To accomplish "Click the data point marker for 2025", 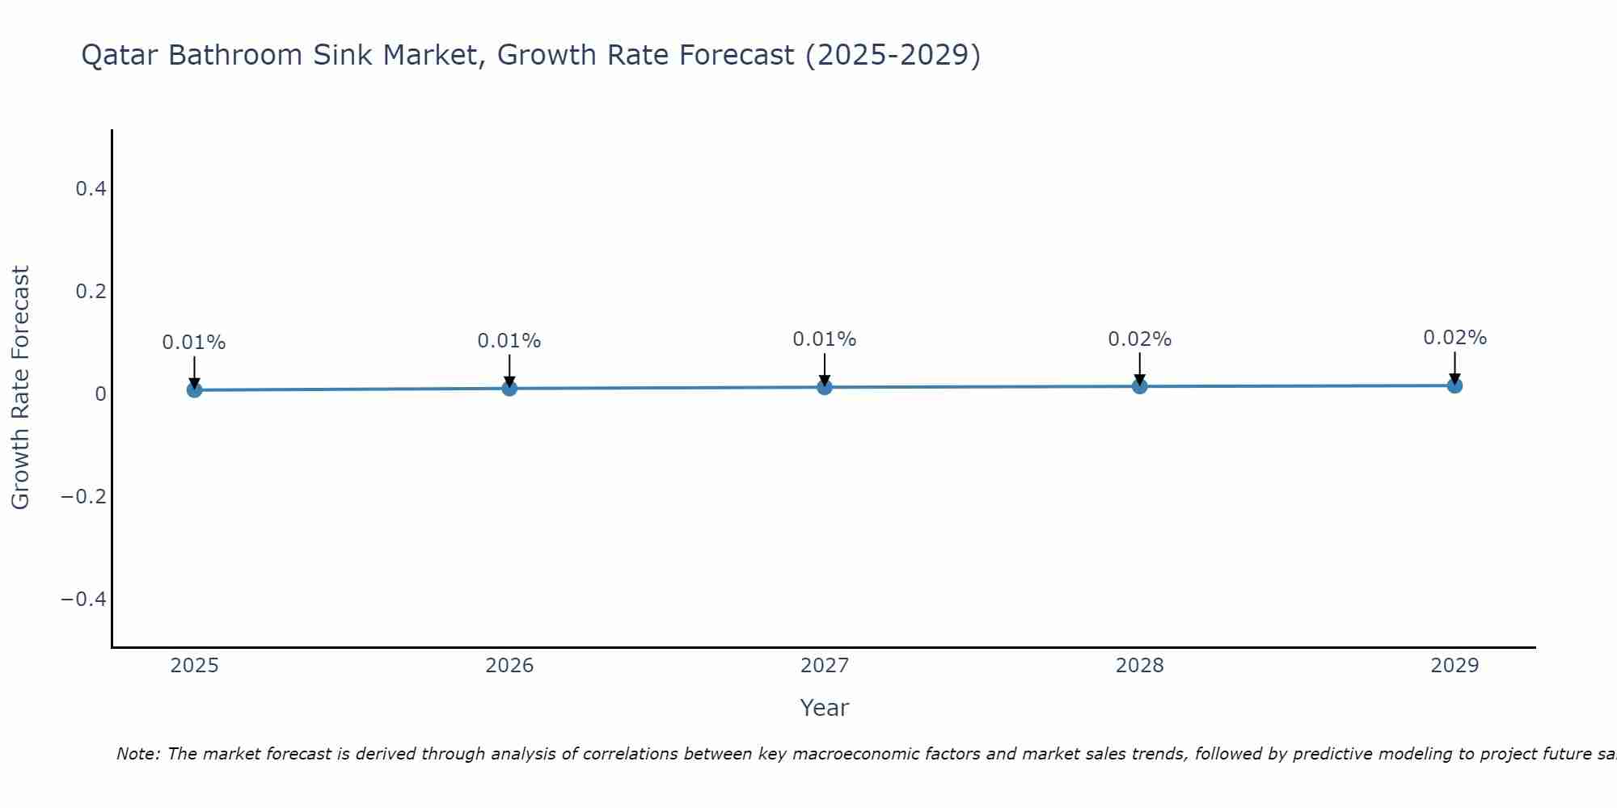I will coord(194,390).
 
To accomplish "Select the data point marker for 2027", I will coord(825,387).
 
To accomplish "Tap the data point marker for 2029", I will coord(1454,385).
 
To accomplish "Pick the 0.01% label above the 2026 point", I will coord(509,341).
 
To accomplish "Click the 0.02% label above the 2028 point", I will coord(1139,339).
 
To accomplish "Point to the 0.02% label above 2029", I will coord(1454,338).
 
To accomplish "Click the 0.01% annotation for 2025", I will coord(194,343).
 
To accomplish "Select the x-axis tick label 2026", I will coord(509,666).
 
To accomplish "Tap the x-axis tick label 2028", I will coord(1139,666).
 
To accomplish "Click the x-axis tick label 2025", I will coord(195,666).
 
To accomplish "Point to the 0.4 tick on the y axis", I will coord(91,189).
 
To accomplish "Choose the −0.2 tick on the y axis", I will coord(84,496).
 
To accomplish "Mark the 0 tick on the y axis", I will coord(100,394).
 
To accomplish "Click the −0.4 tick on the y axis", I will coord(84,599).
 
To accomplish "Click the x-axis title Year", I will coord(824,708).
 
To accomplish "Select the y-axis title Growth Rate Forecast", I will coord(20,388).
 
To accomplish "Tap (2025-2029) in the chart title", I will coord(893,56).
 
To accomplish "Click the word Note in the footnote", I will coord(138,754).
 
